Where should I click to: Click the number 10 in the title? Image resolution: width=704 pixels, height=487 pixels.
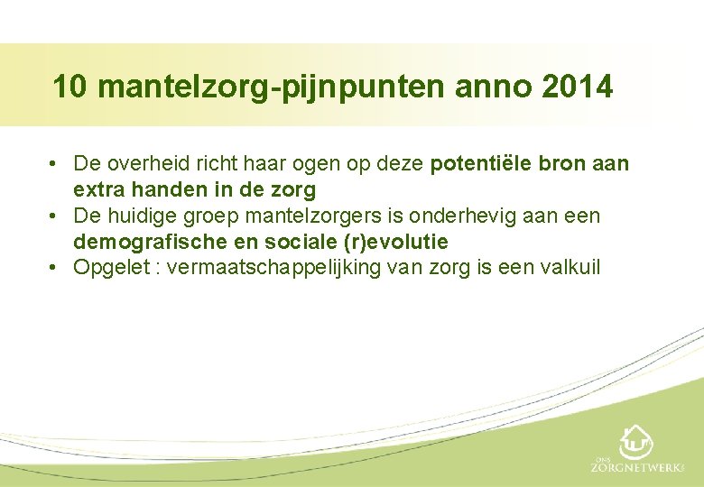point(70,87)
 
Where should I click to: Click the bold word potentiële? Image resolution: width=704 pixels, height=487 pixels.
point(483,164)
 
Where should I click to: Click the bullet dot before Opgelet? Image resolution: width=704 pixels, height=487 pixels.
point(56,268)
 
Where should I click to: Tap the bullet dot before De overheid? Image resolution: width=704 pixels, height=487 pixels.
point(56,164)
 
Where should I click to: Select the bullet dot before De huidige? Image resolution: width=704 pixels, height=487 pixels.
point(56,216)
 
